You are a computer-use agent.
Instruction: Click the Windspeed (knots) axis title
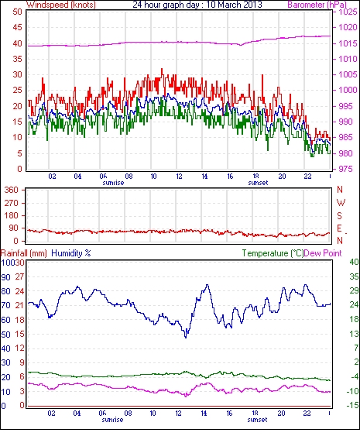[61, 5]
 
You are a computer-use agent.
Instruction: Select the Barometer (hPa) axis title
[317, 5]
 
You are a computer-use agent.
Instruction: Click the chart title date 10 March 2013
[235, 5]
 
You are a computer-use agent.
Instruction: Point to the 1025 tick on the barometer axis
[348, 12]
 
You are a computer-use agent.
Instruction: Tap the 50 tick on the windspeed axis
[18, 12]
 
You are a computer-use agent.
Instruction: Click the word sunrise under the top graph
[113, 183]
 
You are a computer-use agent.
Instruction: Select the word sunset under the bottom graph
[257, 420]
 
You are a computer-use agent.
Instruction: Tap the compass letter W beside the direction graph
[341, 202]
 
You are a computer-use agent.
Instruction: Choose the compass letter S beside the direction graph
[339, 215]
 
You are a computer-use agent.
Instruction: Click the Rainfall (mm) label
[23, 253]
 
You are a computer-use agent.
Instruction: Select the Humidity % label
[71, 253]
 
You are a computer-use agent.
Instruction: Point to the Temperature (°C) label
[273, 253]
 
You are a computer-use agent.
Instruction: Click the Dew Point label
[323, 253]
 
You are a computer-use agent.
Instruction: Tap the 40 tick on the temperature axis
[354, 262]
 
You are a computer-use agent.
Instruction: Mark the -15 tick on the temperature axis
[353, 406]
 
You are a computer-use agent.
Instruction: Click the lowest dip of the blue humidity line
[186, 338]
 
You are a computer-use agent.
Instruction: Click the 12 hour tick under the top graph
[179, 177]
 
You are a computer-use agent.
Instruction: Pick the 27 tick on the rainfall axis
[20, 276]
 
